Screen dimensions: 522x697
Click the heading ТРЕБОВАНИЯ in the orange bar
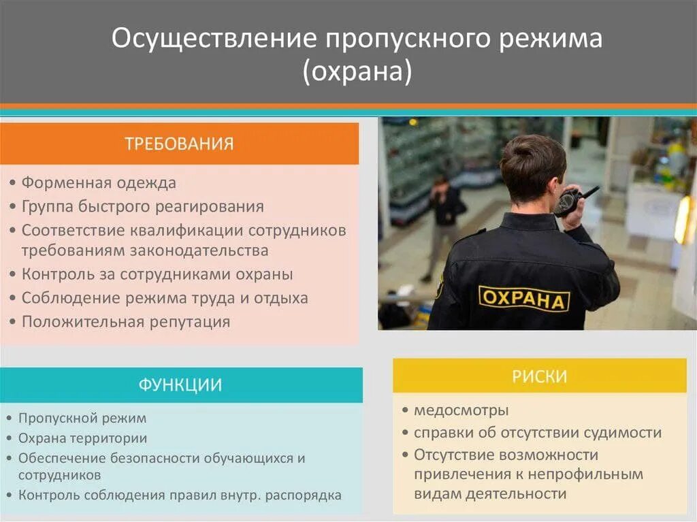(179, 144)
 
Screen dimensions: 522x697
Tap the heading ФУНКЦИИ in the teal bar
(180, 385)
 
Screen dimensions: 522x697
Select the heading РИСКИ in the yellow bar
(540, 376)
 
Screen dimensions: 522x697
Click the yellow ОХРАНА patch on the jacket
(523, 298)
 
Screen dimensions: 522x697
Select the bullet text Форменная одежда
(99, 183)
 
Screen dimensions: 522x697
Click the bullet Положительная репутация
(126, 322)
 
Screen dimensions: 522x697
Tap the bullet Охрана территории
(82, 438)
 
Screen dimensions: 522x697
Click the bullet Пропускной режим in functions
(82, 418)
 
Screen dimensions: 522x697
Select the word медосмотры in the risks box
(461, 410)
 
